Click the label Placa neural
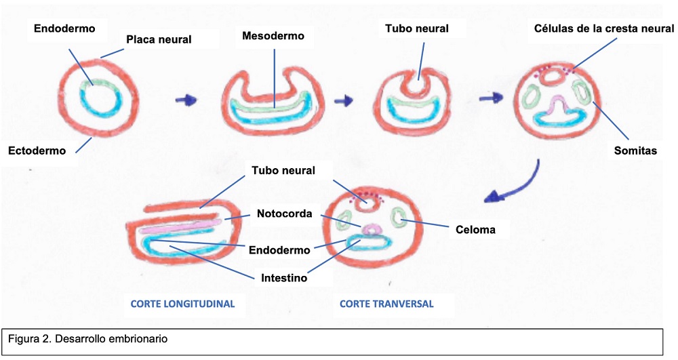point(159,40)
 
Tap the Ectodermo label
point(38,151)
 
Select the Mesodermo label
point(273,36)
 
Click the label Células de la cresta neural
point(603,28)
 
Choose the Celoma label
point(475,230)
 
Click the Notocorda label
point(284,214)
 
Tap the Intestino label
point(285,277)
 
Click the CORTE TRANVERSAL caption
point(386,304)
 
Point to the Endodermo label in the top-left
point(65,28)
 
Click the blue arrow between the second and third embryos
point(344,100)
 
